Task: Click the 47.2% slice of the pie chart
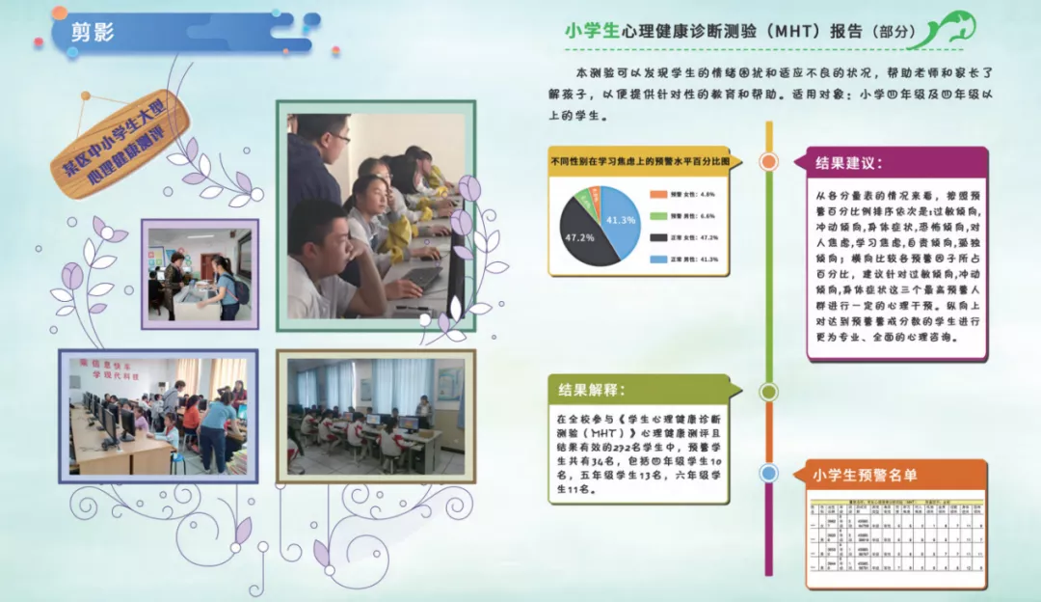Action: [584, 237]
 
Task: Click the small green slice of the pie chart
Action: [584, 200]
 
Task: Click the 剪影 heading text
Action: [93, 32]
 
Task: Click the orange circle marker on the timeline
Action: [768, 161]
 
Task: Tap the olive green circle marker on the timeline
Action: [768, 392]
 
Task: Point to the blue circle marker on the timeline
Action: [768, 473]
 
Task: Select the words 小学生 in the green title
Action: [592, 31]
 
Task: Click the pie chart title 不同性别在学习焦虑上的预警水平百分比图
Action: [639, 161]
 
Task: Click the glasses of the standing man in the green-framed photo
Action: [339, 138]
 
